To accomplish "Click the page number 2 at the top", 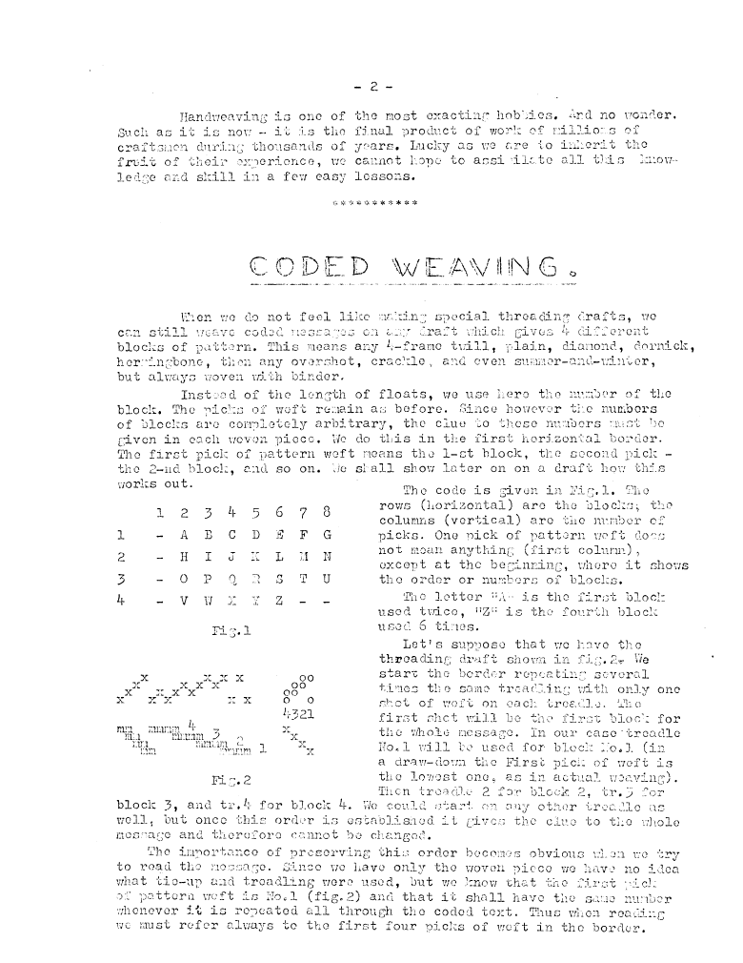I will pos(373,87).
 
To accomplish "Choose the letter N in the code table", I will pos(328,557).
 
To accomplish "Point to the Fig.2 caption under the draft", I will pos(227,779).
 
